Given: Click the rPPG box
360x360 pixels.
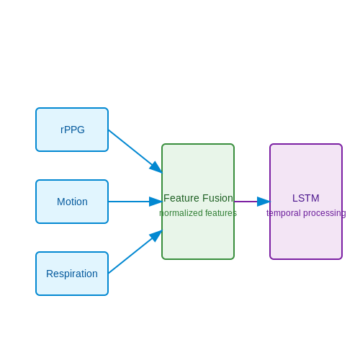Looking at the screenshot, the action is tap(72, 130).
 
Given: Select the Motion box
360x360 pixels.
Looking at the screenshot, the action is tap(72, 202).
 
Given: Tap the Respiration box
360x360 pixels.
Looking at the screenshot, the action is tap(72, 274).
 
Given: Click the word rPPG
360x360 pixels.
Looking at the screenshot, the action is tap(73, 130).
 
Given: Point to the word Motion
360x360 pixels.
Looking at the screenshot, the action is tap(72, 202).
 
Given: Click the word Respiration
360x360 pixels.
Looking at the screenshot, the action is tap(72, 274).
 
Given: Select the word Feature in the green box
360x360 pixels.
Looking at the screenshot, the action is tap(181, 198).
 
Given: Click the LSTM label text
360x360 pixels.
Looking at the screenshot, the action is tap(306, 198).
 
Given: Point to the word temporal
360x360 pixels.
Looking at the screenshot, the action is tap(284, 213).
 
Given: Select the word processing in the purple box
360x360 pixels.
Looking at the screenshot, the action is tap(325, 213).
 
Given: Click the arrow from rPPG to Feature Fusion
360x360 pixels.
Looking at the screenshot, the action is tap(135, 151).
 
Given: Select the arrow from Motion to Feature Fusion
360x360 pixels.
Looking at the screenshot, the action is tap(135, 202).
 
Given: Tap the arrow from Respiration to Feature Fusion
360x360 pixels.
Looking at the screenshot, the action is tap(135, 252).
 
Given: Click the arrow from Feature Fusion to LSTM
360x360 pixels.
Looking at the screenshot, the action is tap(252, 202).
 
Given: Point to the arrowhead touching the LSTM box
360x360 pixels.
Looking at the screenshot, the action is tap(264, 202).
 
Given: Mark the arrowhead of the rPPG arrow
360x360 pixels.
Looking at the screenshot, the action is tap(156, 168).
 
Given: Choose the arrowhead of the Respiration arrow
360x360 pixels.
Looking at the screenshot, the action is tap(156, 235).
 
